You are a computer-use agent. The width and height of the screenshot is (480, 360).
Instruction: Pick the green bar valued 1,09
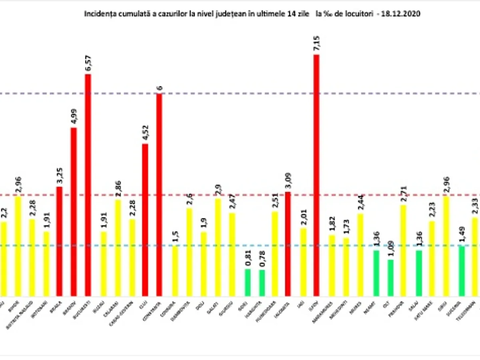(x=390, y=278)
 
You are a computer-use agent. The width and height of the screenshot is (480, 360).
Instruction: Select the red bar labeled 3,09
(x=288, y=244)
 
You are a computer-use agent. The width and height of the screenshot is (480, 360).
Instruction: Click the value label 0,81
(x=248, y=257)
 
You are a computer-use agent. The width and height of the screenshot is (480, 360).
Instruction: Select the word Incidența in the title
(x=96, y=14)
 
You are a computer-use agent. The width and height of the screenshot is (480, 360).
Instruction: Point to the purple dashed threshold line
(x=240, y=94)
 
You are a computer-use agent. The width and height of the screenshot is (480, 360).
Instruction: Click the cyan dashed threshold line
(x=240, y=246)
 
